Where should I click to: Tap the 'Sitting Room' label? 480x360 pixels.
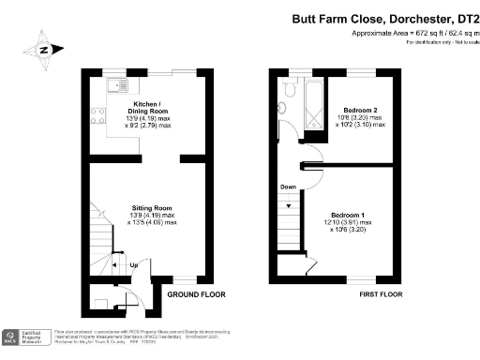150,207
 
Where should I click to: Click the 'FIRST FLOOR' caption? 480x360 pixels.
382,294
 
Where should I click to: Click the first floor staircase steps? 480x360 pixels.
290,225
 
